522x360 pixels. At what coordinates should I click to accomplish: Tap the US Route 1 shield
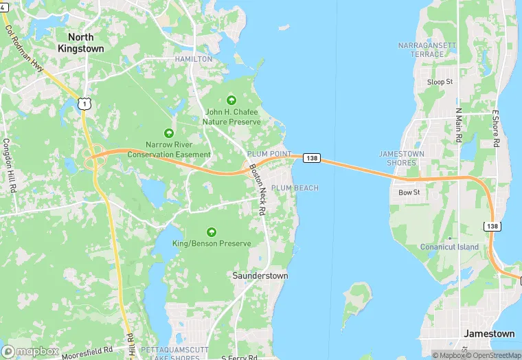click(x=83, y=103)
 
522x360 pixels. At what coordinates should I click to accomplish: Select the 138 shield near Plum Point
click(x=312, y=158)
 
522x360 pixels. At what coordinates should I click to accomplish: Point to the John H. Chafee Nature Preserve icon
click(x=231, y=100)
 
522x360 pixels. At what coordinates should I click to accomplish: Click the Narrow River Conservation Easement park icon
click(x=168, y=133)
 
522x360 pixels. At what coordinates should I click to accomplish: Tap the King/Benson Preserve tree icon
click(x=211, y=232)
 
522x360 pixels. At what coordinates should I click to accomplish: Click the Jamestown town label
click(x=489, y=333)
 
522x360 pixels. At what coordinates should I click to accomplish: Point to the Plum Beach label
click(x=295, y=188)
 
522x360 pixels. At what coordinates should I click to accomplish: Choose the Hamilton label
click(x=194, y=59)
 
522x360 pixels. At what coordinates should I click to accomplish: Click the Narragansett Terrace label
click(x=426, y=49)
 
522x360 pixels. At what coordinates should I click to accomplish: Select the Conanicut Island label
click(x=449, y=247)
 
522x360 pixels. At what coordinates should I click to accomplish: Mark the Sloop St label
click(x=440, y=82)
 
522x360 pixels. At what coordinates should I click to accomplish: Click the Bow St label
click(x=409, y=193)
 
